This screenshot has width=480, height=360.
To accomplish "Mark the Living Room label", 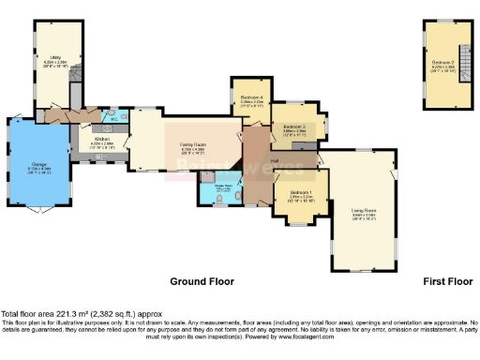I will click(x=364, y=212).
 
